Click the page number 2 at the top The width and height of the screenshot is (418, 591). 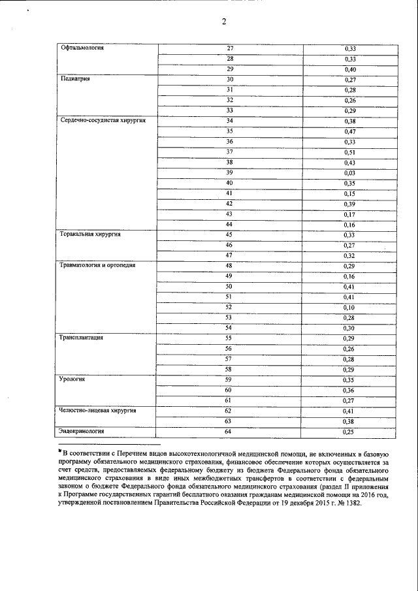pos(223,22)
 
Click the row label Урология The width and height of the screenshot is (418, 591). pos(73,379)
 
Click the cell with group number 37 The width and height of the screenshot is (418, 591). pos(229,152)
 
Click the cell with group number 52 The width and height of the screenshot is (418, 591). pos(229,306)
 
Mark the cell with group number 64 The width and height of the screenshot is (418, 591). pos(229,431)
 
